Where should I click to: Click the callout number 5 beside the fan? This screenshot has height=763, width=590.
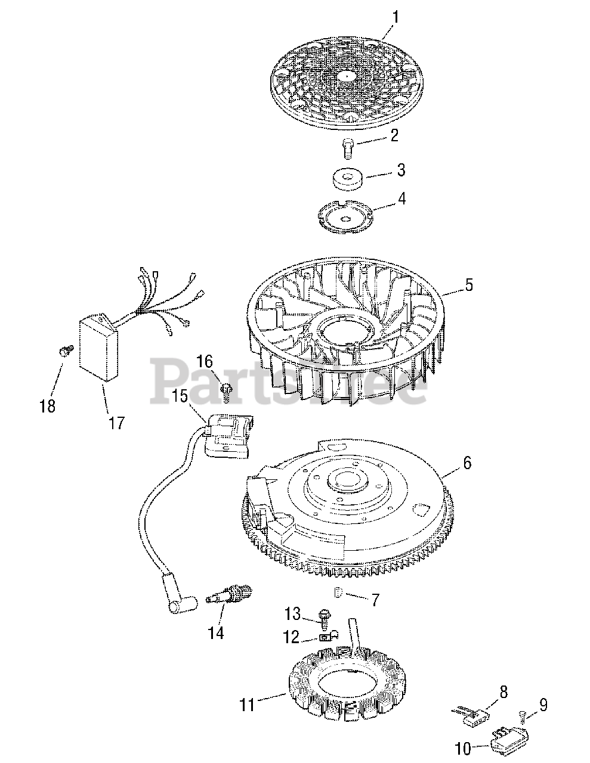[x=469, y=285]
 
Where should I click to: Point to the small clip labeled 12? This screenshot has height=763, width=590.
[x=326, y=637]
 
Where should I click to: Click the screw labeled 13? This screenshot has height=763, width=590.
[x=325, y=614]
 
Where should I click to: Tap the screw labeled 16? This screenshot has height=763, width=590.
[x=226, y=390]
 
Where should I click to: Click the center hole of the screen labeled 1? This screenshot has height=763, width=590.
[x=347, y=76]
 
